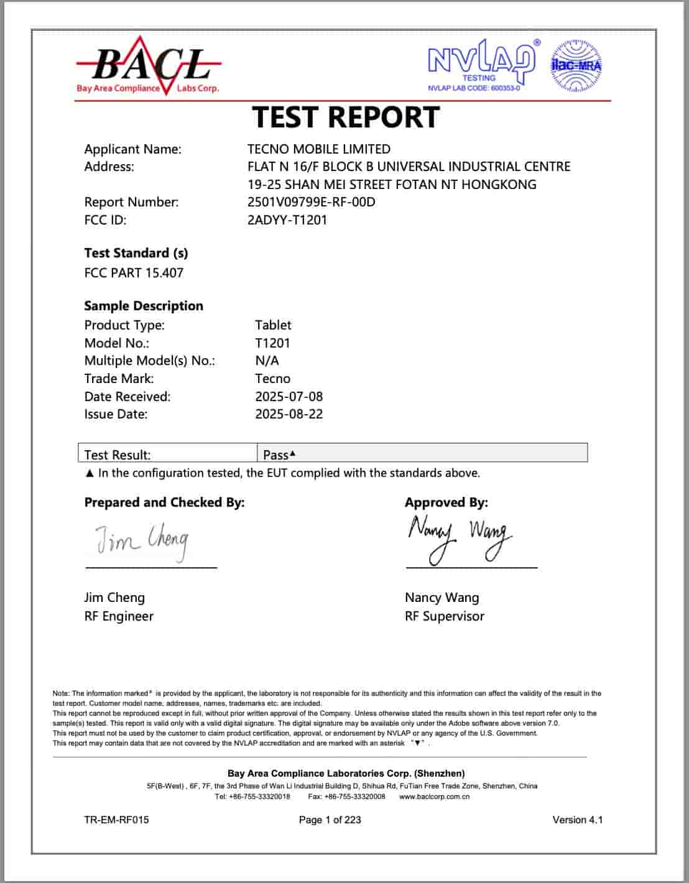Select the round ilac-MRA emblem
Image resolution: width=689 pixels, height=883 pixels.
coord(576,65)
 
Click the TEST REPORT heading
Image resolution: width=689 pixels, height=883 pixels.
coord(346,117)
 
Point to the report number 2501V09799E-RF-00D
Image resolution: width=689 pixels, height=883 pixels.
coord(311,202)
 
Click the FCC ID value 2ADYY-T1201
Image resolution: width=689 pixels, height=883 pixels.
coord(287,220)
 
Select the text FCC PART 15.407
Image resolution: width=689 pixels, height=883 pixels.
coord(134,273)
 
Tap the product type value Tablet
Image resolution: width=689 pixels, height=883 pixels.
coord(273,325)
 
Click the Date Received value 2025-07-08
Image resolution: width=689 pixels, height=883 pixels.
coord(289,397)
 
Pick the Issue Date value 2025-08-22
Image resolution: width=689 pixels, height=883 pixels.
coord(289,414)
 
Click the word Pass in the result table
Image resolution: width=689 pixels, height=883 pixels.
coord(275,455)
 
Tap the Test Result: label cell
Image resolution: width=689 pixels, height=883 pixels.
coord(118,455)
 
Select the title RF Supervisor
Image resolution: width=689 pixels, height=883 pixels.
coord(444,616)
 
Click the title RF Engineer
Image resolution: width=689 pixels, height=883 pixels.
coord(119,616)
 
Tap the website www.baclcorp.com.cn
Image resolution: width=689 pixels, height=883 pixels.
coord(434,797)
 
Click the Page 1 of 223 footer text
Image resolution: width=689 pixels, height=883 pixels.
coord(330,820)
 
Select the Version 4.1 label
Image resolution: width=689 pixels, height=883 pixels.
coord(577,820)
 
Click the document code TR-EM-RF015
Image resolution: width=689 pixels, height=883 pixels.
coord(116,820)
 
